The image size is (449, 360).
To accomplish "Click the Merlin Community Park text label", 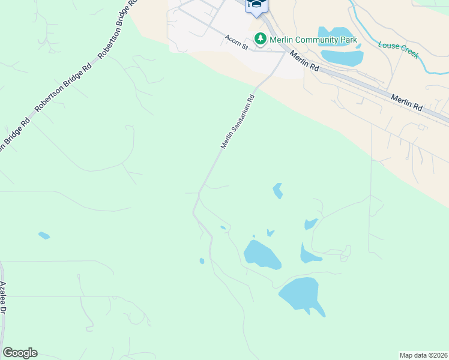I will pos(313,40).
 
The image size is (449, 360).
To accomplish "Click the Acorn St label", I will pos(236,43).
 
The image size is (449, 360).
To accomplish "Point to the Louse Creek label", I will pos(398,49).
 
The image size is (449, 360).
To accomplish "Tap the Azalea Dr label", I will pos(4,298).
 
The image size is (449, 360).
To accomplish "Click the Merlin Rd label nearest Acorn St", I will pos(305,61).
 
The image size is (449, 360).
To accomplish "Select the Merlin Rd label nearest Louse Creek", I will pos(406,102).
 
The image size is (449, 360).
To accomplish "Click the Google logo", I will pos(20,353).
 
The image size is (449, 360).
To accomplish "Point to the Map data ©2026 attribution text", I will pos(423,355).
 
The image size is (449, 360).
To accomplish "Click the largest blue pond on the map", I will pos(300,295).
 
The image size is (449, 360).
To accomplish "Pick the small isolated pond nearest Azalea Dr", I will pos(44,235).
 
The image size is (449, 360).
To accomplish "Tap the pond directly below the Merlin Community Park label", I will pos(343,58).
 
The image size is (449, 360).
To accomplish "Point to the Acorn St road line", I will pos(264,50).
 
